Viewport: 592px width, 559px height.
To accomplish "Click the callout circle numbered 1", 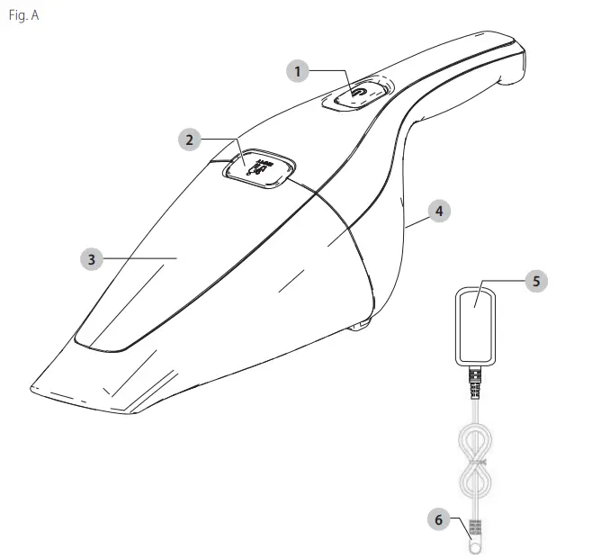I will pyautogui.click(x=298, y=70).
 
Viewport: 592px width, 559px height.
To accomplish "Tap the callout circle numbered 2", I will pyautogui.click(x=188, y=140).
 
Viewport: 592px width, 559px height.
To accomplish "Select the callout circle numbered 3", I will pyautogui.click(x=90, y=258).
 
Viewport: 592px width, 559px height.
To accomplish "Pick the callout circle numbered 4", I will pyautogui.click(x=438, y=211).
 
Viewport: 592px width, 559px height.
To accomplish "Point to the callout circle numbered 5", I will pyautogui.click(x=535, y=281).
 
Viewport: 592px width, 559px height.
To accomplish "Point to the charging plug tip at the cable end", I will pyautogui.click(x=471, y=544).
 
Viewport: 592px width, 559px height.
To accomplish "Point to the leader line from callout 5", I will pyautogui.click(x=499, y=281).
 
